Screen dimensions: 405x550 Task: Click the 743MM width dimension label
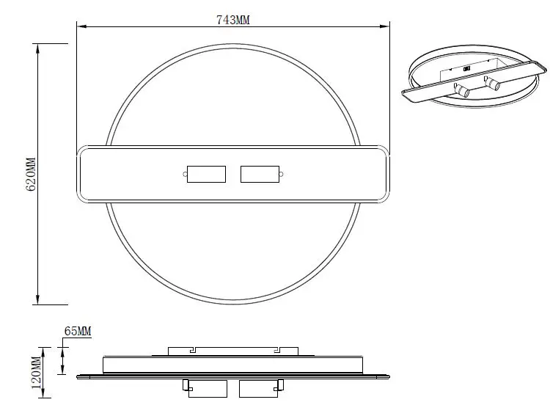[x=234, y=21]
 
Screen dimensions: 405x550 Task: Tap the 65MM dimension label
[x=77, y=332]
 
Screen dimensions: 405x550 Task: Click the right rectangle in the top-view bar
[x=260, y=174]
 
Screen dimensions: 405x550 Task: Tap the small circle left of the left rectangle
[x=183, y=174]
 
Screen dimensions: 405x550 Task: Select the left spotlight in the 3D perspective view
[x=464, y=91]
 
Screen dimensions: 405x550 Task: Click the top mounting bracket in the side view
[x=233, y=351]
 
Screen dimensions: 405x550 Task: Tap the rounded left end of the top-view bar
[x=81, y=174]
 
